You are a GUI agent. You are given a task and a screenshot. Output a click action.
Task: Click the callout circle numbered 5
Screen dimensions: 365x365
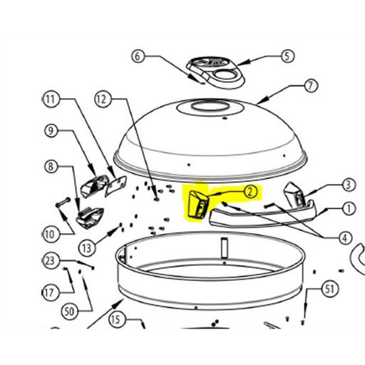[x=287, y=56]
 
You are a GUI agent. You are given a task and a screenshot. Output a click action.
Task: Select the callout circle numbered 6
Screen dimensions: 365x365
[x=138, y=56]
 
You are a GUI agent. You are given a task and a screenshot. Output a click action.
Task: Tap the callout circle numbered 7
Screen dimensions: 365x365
[x=311, y=86]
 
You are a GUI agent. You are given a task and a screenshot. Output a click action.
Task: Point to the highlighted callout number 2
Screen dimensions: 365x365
[x=250, y=192]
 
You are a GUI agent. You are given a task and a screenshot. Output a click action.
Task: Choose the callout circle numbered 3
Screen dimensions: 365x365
[x=349, y=185]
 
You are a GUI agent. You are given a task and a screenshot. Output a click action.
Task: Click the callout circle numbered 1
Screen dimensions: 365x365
[x=349, y=209]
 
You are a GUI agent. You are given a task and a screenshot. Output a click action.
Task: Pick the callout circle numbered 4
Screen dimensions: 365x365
[x=345, y=238]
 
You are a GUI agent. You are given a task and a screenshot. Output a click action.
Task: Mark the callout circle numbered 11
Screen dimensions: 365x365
[x=51, y=99]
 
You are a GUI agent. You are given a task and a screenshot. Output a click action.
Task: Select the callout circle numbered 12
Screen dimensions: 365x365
[x=103, y=99]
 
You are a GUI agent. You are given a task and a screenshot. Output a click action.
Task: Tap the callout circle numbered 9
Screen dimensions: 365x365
[x=51, y=130]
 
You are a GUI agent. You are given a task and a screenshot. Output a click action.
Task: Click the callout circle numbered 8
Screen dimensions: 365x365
[x=51, y=166]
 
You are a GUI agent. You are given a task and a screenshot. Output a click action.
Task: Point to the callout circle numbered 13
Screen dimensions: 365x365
[x=87, y=248]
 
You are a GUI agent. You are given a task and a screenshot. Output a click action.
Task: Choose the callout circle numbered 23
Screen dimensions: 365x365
[x=50, y=261]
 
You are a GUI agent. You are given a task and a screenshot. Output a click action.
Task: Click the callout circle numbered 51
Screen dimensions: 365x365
[x=330, y=289]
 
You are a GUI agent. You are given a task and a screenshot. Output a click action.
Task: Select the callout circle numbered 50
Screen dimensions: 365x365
[x=69, y=311]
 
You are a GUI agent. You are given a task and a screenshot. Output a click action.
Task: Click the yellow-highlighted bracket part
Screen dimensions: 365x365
[x=198, y=204]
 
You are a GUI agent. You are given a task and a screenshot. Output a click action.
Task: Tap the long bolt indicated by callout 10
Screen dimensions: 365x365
[x=63, y=202]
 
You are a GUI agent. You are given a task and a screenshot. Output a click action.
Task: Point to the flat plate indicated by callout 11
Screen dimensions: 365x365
[x=115, y=186]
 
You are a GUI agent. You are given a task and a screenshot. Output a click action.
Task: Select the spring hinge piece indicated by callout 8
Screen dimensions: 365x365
[x=90, y=217]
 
